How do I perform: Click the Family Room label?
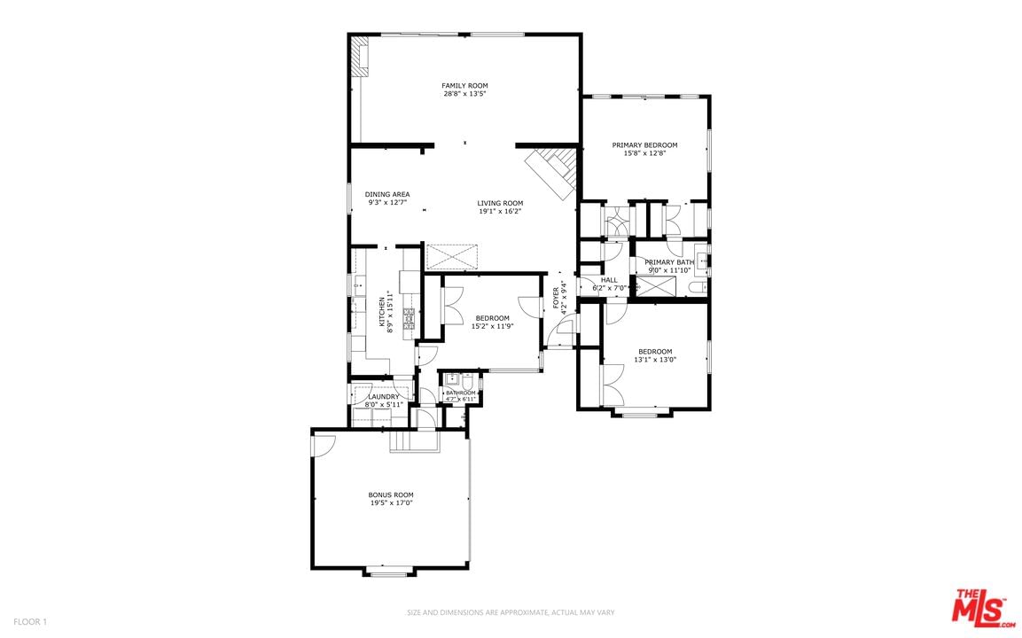464,85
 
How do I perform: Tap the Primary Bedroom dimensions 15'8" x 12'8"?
644,154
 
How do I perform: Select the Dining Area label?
387,194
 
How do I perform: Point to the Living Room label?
500,203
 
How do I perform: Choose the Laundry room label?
384,396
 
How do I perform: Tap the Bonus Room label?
391,494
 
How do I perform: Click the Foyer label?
556,299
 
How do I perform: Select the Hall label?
609,280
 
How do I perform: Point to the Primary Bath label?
669,262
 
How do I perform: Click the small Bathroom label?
461,393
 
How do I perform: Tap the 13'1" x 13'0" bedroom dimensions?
655,359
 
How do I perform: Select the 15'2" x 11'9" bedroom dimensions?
492,326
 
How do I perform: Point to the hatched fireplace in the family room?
359,56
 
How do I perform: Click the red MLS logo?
984,608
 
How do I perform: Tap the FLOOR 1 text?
30,622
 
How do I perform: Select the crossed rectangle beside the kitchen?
451,257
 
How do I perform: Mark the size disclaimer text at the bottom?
511,612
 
